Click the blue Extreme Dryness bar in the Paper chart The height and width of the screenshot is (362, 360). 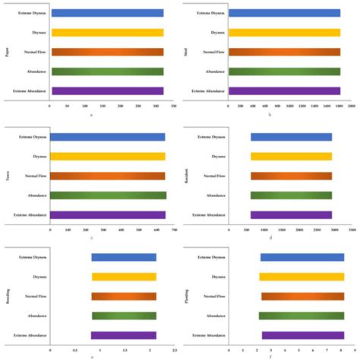(106, 13)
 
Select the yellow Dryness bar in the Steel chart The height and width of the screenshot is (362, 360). (284, 33)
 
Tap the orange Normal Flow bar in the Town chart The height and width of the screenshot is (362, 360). (107, 176)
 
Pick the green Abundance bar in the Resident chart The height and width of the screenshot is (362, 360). (291, 195)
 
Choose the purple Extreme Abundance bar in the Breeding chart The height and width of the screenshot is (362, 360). (124, 335)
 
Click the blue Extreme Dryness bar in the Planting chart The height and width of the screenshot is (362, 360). (302, 257)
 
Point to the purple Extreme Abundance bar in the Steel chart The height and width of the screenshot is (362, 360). (284, 90)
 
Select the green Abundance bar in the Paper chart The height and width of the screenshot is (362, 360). (106, 71)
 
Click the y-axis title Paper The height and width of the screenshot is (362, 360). (7, 52)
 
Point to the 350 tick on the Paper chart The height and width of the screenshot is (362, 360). (174, 106)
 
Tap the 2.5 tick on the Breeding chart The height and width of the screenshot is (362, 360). (174, 351)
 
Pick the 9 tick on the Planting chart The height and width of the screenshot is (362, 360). (354, 351)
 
